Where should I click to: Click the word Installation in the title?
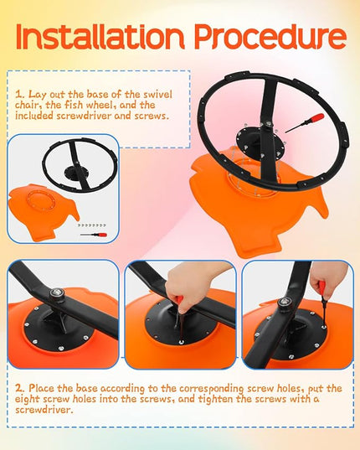tap(100, 36)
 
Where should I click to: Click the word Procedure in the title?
tap(270, 36)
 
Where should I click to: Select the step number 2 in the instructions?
tap(19, 389)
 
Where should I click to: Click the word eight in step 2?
tap(27, 400)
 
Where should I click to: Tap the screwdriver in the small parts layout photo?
tap(94, 235)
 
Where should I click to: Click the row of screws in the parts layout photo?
tap(92, 225)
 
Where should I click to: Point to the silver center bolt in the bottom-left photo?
tap(57, 293)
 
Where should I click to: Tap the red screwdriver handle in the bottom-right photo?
tap(322, 290)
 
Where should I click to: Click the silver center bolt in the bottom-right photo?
tap(285, 303)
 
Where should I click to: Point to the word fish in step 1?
tap(75, 105)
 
